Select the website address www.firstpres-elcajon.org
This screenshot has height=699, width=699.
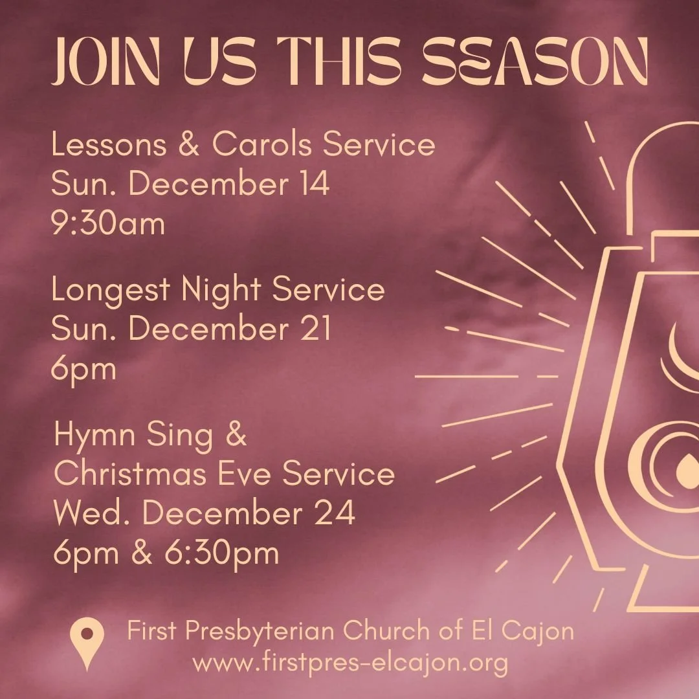pos(350,662)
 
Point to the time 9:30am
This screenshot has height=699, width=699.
pos(108,224)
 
